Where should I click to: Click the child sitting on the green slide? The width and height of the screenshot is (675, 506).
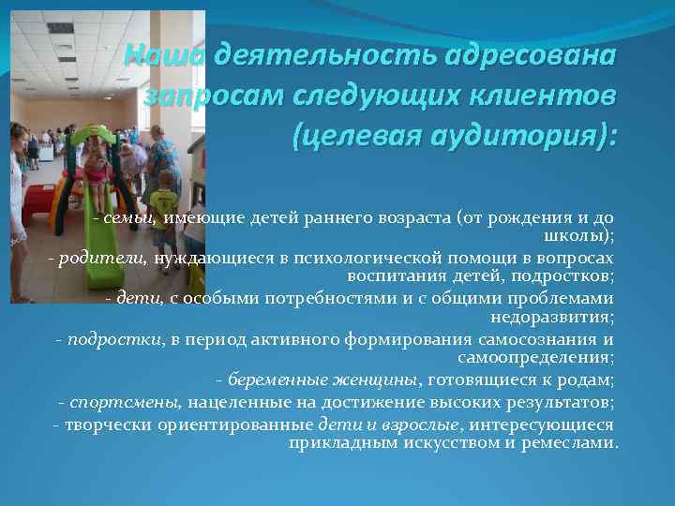[x=97, y=169]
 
